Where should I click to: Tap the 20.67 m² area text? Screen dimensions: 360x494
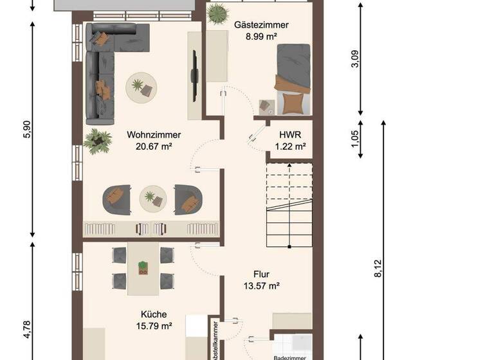153,147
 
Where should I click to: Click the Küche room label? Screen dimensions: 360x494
154,314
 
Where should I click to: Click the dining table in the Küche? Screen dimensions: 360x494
143,267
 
